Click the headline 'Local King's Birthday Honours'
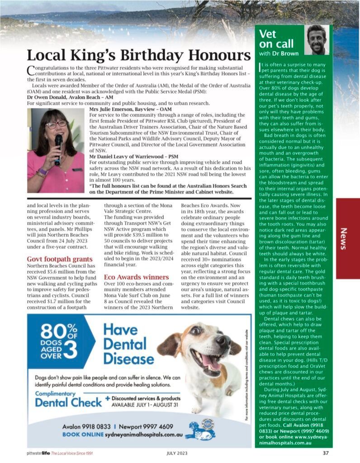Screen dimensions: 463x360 coord(138,55)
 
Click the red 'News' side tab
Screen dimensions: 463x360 coord(347,238)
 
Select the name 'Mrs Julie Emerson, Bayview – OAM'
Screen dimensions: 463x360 coord(131,109)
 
